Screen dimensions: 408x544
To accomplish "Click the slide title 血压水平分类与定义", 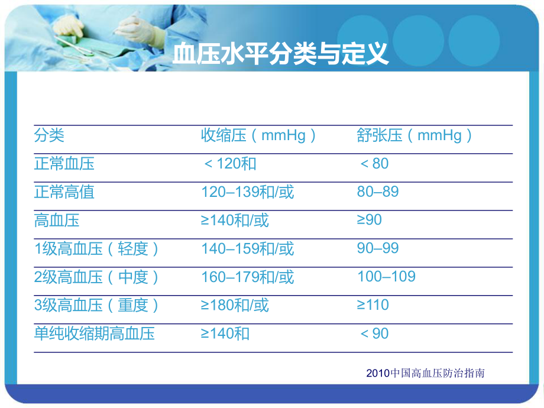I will (280, 54).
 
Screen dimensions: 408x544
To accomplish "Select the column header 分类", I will (49, 135).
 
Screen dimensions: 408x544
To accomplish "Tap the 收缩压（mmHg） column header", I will (259, 135).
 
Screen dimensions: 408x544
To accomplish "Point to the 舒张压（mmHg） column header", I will (415, 135).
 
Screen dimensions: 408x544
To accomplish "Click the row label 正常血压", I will (64, 163).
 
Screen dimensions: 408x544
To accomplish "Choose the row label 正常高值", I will (64, 192).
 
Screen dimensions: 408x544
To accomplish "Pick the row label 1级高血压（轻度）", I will (98, 248).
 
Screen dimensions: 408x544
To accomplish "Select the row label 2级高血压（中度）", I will (98, 277).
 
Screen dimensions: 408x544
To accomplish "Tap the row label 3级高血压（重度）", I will (98, 305).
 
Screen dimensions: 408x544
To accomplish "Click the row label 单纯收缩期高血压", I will (95, 333).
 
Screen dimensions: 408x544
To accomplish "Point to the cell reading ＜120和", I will (229, 163).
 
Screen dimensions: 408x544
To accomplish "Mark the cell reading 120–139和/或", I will (247, 192).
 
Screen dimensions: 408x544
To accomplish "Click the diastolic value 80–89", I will (378, 192).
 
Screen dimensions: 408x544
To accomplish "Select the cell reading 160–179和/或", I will (247, 277).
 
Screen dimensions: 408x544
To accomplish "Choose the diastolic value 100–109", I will (386, 276).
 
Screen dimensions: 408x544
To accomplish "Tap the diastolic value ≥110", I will (373, 305).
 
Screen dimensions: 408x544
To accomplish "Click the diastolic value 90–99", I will (378, 248).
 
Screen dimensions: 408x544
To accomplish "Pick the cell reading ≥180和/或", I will (235, 305).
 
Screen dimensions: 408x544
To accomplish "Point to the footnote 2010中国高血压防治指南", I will (425, 373).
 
